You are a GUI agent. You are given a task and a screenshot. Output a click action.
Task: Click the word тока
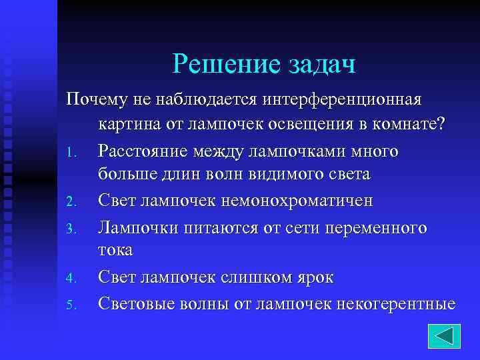[115, 251]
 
